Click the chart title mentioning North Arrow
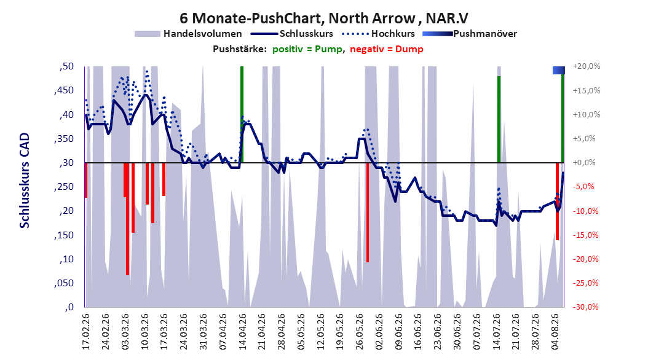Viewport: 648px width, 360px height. [324, 18]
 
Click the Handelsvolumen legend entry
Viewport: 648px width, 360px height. [189, 34]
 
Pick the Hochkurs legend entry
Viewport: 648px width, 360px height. [378, 34]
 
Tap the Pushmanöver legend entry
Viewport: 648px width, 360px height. [470, 34]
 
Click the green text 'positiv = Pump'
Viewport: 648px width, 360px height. [307, 49]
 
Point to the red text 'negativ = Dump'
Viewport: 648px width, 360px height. [387, 49]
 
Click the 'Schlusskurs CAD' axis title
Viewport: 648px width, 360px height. [25, 181]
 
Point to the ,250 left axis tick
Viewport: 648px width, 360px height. [64, 187]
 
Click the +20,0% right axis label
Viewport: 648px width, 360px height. [587, 66]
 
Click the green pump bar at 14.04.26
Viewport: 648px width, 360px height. [242, 114]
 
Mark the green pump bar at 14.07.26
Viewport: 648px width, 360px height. [499, 119]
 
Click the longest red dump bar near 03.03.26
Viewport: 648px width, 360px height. [127, 219]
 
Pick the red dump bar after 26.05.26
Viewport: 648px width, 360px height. [368, 212]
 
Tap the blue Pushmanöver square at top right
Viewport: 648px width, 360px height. [559, 70]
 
